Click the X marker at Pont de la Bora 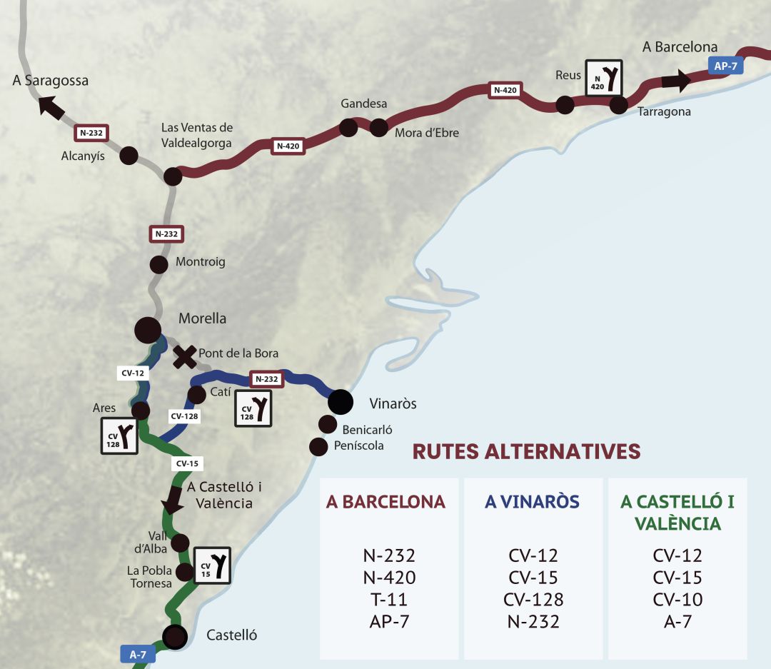pyautogui.click(x=185, y=356)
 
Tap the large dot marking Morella pyautogui.click(x=148, y=329)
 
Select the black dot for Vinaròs pyautogui.click(x=341, y=402)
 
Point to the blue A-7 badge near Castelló pyautogui.click(x=138, y=653)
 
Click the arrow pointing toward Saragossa pyautogui.click(x=50, y=107)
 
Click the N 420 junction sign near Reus pyautogui.click(x=604, y=78)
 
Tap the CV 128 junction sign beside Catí pyautogui.click(x=253, y=408)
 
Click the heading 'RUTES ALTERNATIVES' pyautogui.click(x=526, y=451)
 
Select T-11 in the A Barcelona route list pyautogui.click(x=389, y=599)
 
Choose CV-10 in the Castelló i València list pyautogui.click(x=677, y=599)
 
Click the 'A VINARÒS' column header pyautogui.click(x=532, y=502)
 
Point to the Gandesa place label pyautogui.click(x=363, y=104)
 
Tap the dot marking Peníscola pyautogui.click(x=318, y=446)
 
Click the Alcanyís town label pyautogui.click(x=83, y=156)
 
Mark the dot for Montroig pyautogui.click(x=158, y=264)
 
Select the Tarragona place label pyautogui.click(x=664, y=112)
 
